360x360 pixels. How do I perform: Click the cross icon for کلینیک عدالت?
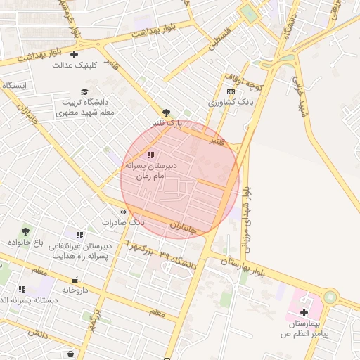click(74, 54)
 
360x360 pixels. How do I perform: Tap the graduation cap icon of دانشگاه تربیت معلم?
click(85, 91)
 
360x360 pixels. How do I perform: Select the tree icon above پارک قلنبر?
click(166, 112)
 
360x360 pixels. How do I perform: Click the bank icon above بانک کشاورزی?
click(231, 92)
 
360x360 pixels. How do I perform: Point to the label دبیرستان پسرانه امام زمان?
click(150, 169)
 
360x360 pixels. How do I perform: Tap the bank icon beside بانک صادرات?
click(124, 212)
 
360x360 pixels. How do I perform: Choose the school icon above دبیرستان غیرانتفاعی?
click(79, 235)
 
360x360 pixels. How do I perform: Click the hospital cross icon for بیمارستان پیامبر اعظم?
click(304, 312)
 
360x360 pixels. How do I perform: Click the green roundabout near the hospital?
click(330, 297)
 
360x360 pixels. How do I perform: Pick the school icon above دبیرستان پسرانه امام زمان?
click(150, 155)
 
